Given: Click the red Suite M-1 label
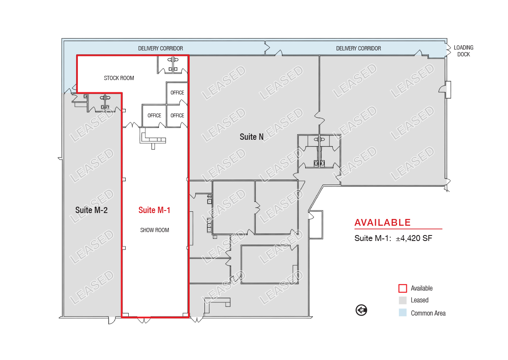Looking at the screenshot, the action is pos(154,210).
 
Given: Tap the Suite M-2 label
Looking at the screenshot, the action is pos(91,210).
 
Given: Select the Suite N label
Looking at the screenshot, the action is pos(251,137).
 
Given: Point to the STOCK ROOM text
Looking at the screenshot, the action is pos(119,78).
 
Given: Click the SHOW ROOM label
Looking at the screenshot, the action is pos(155,230).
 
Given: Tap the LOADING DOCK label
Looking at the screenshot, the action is pos(464,51).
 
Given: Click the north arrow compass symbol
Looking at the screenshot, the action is pos(361,310).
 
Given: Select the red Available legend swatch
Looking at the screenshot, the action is pos(403,288).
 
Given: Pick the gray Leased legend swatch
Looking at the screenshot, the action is pos(403,300).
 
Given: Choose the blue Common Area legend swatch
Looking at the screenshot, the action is pos(403,313).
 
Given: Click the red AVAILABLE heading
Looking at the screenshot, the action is pos(383,222).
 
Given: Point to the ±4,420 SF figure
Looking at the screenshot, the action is pos(414,238).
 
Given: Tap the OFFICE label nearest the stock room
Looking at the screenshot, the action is pos(177,93).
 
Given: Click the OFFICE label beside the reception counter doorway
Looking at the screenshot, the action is pos(154,116).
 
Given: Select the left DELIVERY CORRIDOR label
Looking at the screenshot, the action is pos(160,48).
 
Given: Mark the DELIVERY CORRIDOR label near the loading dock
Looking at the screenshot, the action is pos(358,48).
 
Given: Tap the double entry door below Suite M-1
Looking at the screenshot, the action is pos(144,320).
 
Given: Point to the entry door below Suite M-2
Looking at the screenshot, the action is pos(112,320).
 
